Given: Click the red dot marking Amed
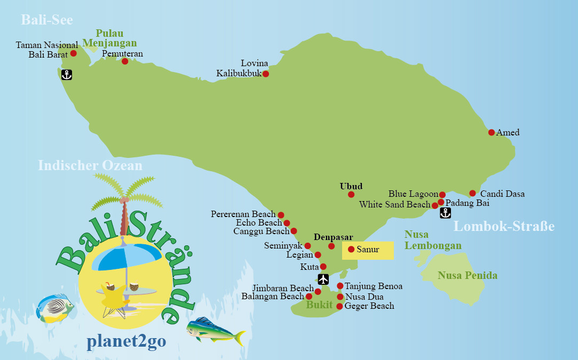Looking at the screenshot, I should [x=492, y=132].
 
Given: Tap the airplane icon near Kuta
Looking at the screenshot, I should [x=323, y=279].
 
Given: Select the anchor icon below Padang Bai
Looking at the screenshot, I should [x=445, y=213].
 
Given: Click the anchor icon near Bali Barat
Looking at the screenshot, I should [x=66, y=75].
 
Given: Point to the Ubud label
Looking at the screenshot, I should [x=351, y=186].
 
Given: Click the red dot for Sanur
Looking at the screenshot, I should [x=351, y=249].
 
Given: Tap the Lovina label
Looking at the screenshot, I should [x=255, y=63].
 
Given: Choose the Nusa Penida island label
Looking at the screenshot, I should [x=468, y=276].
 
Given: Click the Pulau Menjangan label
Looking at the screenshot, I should [x=109, y=38].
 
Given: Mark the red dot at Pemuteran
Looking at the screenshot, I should [x=125, y=61].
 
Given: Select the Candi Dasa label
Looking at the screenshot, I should [x=502, y=194].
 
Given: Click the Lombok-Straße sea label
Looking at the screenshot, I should [x=504, y=227].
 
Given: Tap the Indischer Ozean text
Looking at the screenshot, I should [x=90, y=165].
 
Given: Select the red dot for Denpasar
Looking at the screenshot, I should [x=331, y=246].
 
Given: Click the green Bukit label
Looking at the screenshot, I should [x=319, y=306].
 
